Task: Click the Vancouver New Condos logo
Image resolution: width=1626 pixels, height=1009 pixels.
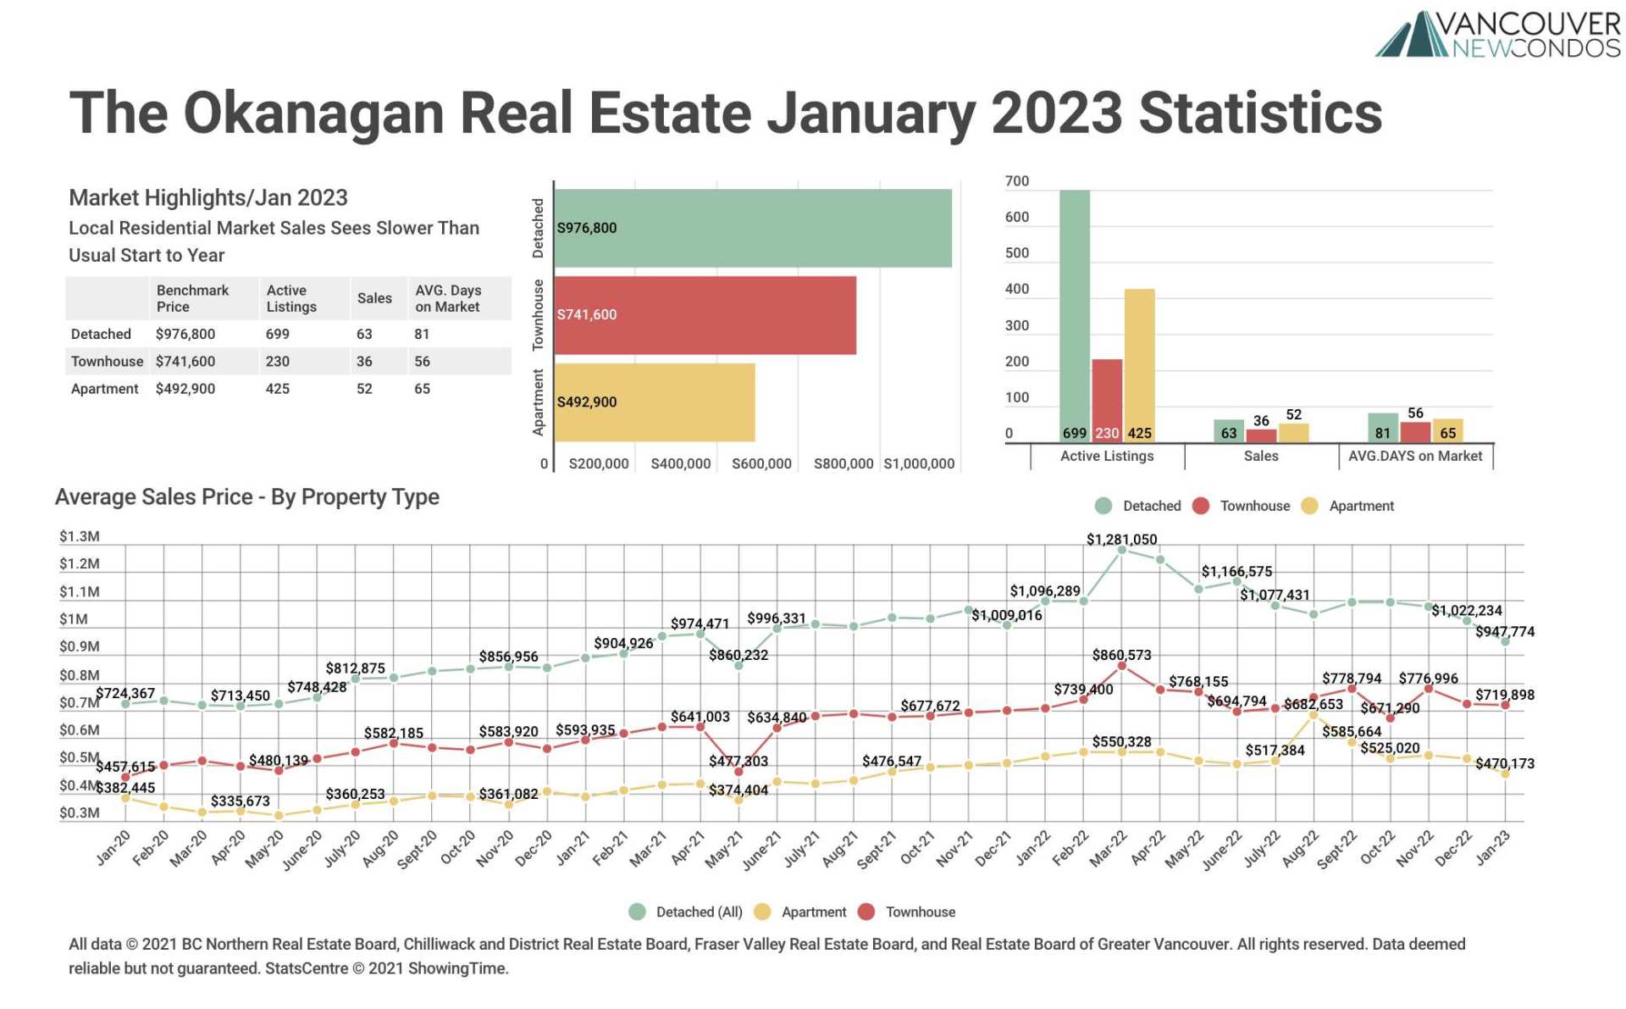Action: coord(1496,35)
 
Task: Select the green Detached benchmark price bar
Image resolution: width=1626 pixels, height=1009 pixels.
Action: coord(752,228)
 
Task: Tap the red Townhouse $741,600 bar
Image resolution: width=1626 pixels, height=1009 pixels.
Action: coord(705,314)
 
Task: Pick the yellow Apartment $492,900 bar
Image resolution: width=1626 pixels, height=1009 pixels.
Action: coord(654,402)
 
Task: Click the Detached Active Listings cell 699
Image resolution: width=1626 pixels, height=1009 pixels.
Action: coord(277,334)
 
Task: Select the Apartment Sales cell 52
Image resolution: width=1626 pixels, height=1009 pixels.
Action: coord(364,388)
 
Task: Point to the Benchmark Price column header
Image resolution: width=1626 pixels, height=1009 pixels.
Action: coord(192,298)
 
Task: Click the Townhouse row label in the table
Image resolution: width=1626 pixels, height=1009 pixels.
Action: coord(107,361)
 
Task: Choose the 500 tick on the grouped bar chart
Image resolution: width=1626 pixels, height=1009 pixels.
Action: coord(1016,253)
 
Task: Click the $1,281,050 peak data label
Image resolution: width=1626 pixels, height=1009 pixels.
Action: coord(1120,540)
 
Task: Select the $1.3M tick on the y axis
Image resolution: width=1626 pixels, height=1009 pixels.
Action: coord(79,536)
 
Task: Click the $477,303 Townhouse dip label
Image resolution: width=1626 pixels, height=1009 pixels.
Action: coord(738,761)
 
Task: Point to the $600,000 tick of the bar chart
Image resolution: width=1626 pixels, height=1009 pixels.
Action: coord(760,463)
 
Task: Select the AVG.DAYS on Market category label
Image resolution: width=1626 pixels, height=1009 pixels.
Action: coord(1414,456)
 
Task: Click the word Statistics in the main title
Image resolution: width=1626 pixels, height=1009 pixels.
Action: coord(1260,113)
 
